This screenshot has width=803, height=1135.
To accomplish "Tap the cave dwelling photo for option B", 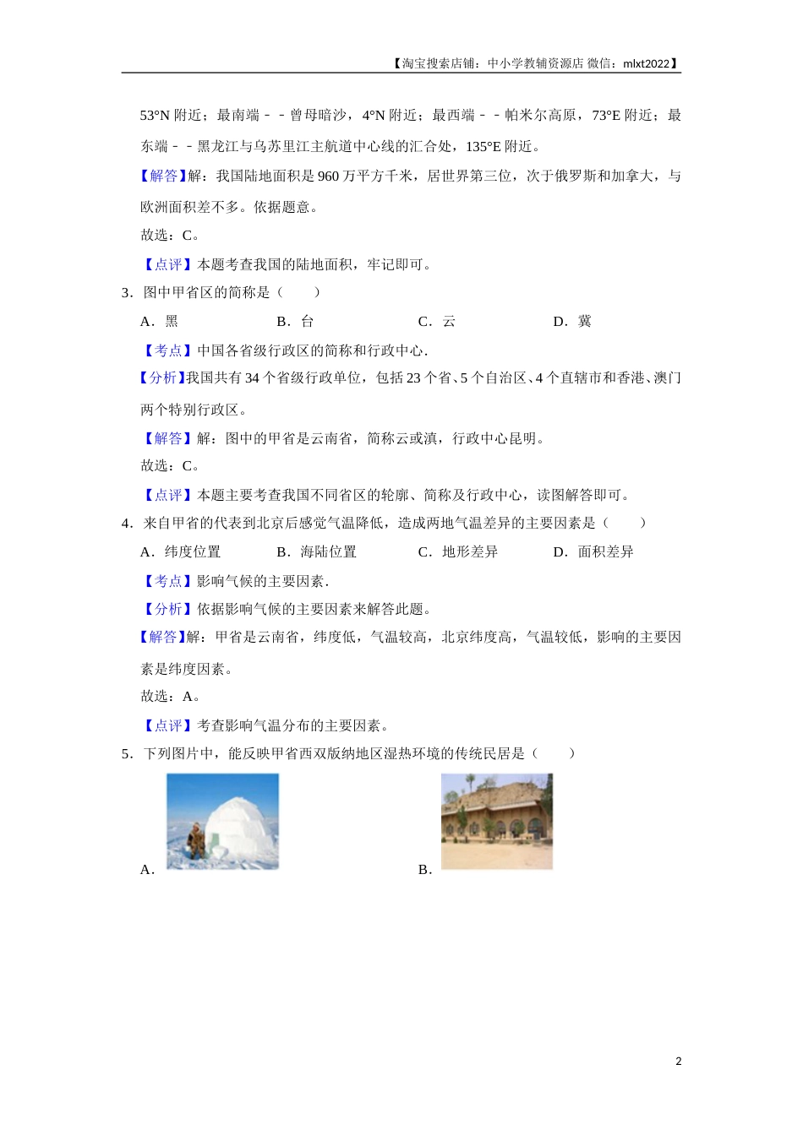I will (496, 821).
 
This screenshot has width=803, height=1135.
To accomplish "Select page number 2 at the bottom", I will (678, 1062).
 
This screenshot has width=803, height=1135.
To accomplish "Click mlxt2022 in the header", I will (646, 63).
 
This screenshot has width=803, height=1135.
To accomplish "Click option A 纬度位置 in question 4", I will (181, 551).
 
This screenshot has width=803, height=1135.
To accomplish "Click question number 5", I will (127, 753).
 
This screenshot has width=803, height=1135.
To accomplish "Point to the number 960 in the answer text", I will (328, 176).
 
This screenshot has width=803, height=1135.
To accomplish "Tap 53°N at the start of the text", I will (155, 115).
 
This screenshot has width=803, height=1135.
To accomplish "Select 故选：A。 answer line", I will (171, 696).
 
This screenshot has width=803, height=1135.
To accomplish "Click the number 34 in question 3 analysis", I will (252, 378).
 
